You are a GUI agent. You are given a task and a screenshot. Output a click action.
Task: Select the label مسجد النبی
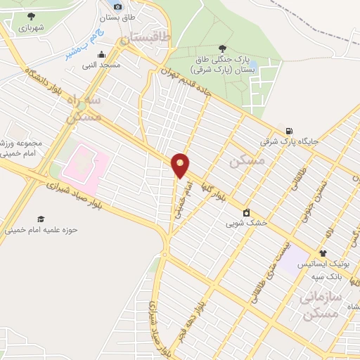[102, 65]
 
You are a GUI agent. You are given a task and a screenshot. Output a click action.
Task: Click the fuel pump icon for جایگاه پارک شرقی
[288, 131]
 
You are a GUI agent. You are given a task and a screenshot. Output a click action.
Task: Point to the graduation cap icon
[41, 219]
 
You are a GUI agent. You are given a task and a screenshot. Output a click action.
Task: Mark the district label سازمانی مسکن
[321, 304]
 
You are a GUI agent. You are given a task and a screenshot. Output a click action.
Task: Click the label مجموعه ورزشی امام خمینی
[22, 148]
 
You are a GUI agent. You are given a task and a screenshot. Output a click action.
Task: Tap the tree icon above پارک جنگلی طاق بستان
[222, 48]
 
